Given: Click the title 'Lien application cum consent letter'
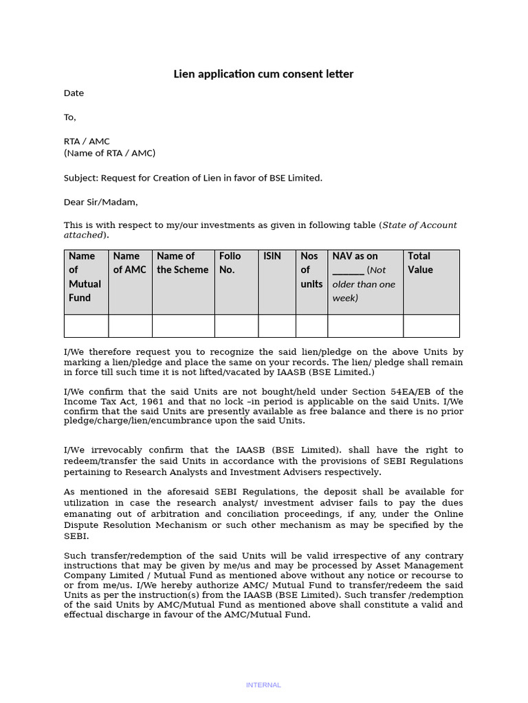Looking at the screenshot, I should [x=263, y=74].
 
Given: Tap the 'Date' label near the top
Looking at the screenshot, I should [x=74, y=93].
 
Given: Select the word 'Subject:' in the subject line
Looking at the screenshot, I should [x=81, y=178].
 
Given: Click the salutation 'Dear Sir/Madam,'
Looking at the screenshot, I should [x=100, y=202].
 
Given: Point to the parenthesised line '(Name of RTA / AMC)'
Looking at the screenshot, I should [x=109, y=153].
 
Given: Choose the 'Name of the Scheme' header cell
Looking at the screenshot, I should [x=183, y=263].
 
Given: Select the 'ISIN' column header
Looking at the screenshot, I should [x=272, y=256].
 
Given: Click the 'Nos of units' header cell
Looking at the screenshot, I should [x=311, y=270].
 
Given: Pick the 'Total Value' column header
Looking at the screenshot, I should [x=420, y=263].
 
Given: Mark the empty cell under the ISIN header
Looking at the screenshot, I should [x=277, y=326].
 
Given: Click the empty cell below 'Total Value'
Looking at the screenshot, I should [x=431, y=326].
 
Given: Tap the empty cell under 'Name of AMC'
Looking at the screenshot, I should [x=130, y=326].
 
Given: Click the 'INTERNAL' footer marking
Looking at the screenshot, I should [x=263, y=684].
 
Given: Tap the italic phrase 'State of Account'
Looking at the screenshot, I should [x=419, y=225].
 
